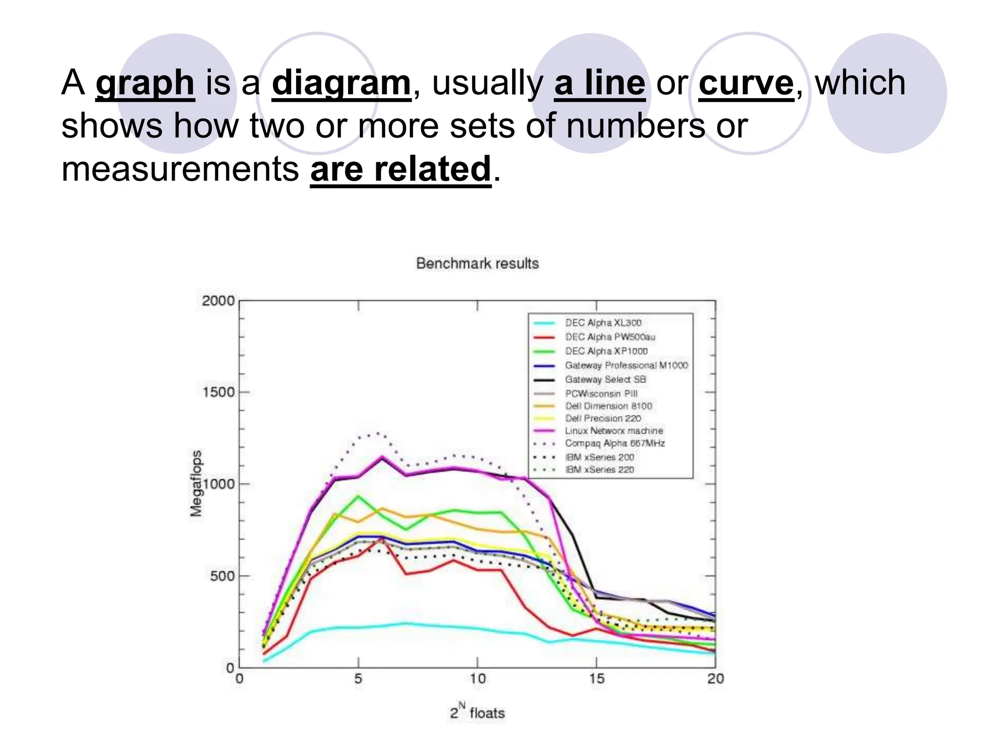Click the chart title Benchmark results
[x=477, y=263]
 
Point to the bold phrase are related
[x=400, y=169]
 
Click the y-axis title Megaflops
[x=196, y=483]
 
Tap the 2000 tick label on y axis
[x=218, y=301]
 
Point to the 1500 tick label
[x=219, y=392]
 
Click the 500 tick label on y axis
[x=222, y=576]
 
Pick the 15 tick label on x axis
[x=596, y=679]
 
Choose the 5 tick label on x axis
[x=358, y=679]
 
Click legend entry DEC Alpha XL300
[x=603, y=323]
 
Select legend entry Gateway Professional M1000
[x=626, y=365]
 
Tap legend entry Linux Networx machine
[x=613, y=431]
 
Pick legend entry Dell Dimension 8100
[x=608, y=406]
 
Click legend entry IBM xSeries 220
[x=599, y=470]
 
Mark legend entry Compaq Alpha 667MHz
[x=614, y=444]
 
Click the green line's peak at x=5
[x=358, y=496]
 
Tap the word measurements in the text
[x=180, y=169]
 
